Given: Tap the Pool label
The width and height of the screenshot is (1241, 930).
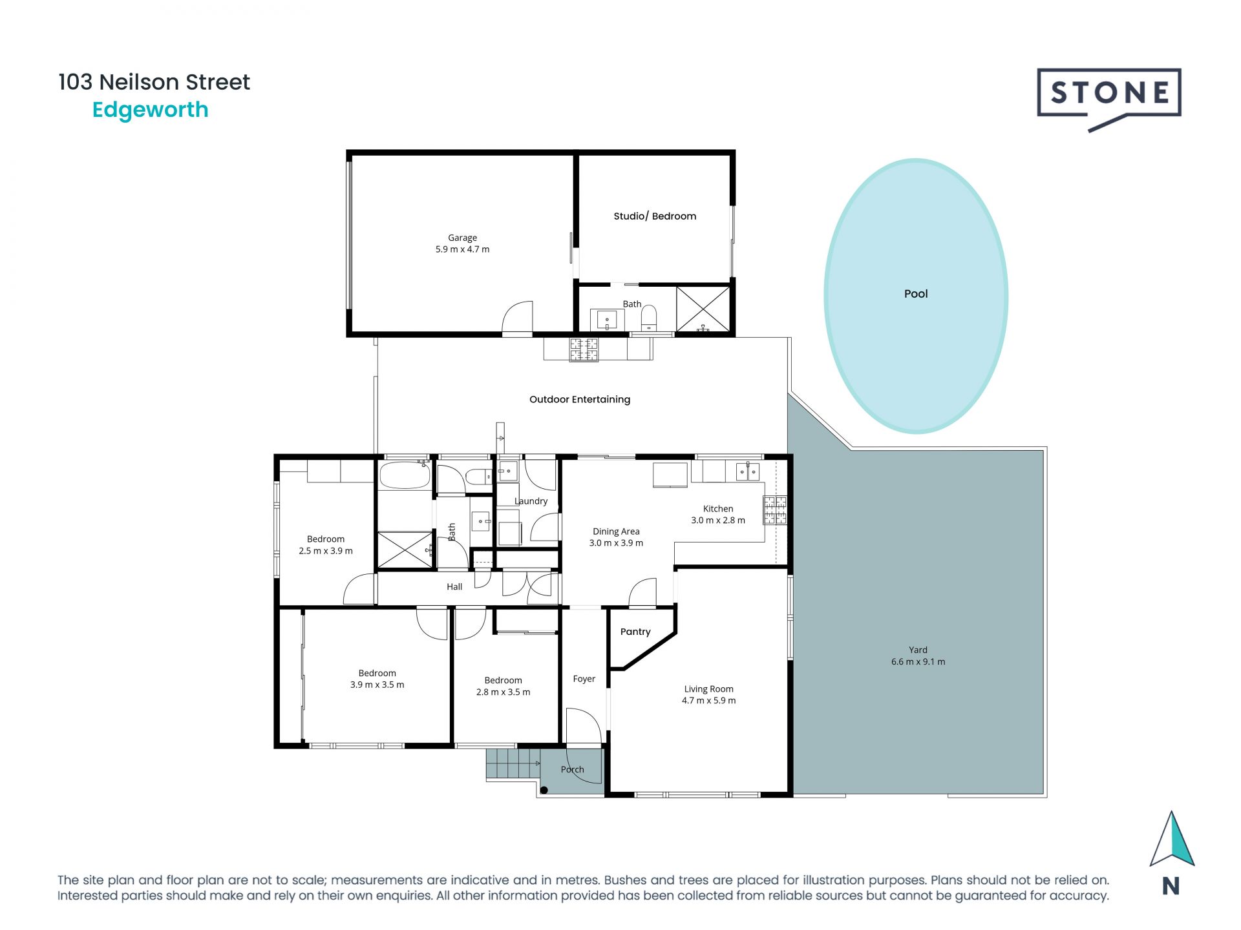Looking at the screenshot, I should [x=915, y=294].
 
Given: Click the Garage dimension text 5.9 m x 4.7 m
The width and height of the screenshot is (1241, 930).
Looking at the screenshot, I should [x=462, y=249].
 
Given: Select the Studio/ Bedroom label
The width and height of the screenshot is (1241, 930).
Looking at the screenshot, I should [x=654, y=216].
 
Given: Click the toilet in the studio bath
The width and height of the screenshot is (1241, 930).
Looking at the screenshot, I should [x=648, y=317].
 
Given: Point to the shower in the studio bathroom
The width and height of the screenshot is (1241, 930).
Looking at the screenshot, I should [x=703, y=309].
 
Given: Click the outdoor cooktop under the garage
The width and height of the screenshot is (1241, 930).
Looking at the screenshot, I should [x=583, y=349].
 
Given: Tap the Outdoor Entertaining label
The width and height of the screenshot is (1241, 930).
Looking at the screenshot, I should [x=579, y=400].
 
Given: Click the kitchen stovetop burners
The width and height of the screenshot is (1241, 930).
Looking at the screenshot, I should [x=775, y=510].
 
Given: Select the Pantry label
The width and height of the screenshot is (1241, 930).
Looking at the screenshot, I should [x=635, y=632].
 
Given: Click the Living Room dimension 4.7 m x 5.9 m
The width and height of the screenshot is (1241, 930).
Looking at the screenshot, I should [x=708, y=701].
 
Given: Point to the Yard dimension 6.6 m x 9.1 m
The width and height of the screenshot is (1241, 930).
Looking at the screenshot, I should [x=917, y=662].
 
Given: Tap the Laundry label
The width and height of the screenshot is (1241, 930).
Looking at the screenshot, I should [x=531, y=501].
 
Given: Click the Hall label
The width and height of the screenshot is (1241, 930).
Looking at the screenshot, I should [x=454, y=587].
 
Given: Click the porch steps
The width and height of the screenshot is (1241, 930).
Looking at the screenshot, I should [x=511, y=763].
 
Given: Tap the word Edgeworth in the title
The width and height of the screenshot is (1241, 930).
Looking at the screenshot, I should [x=150, y=110].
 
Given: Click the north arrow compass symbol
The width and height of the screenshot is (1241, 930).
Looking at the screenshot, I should [x=1171, y=840].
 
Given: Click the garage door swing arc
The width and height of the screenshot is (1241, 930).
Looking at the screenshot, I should [x=518, y=316].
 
